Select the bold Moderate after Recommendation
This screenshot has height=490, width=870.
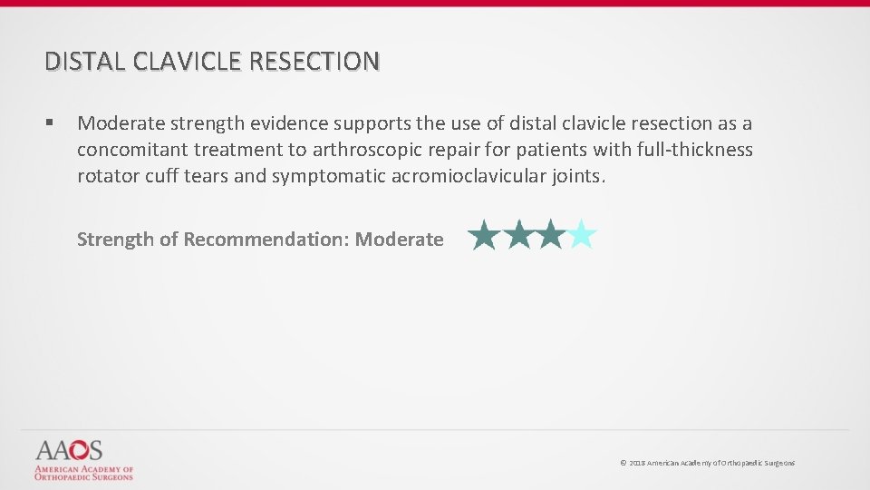coord(399,240)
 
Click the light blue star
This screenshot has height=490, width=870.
coord(582,235)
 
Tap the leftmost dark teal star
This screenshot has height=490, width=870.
coord(485,235)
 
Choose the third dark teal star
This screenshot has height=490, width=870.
coord(549,235)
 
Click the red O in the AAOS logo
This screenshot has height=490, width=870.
coord(76,450)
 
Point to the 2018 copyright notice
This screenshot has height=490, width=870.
coord(707,463)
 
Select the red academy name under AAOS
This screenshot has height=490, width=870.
coord(83,472)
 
